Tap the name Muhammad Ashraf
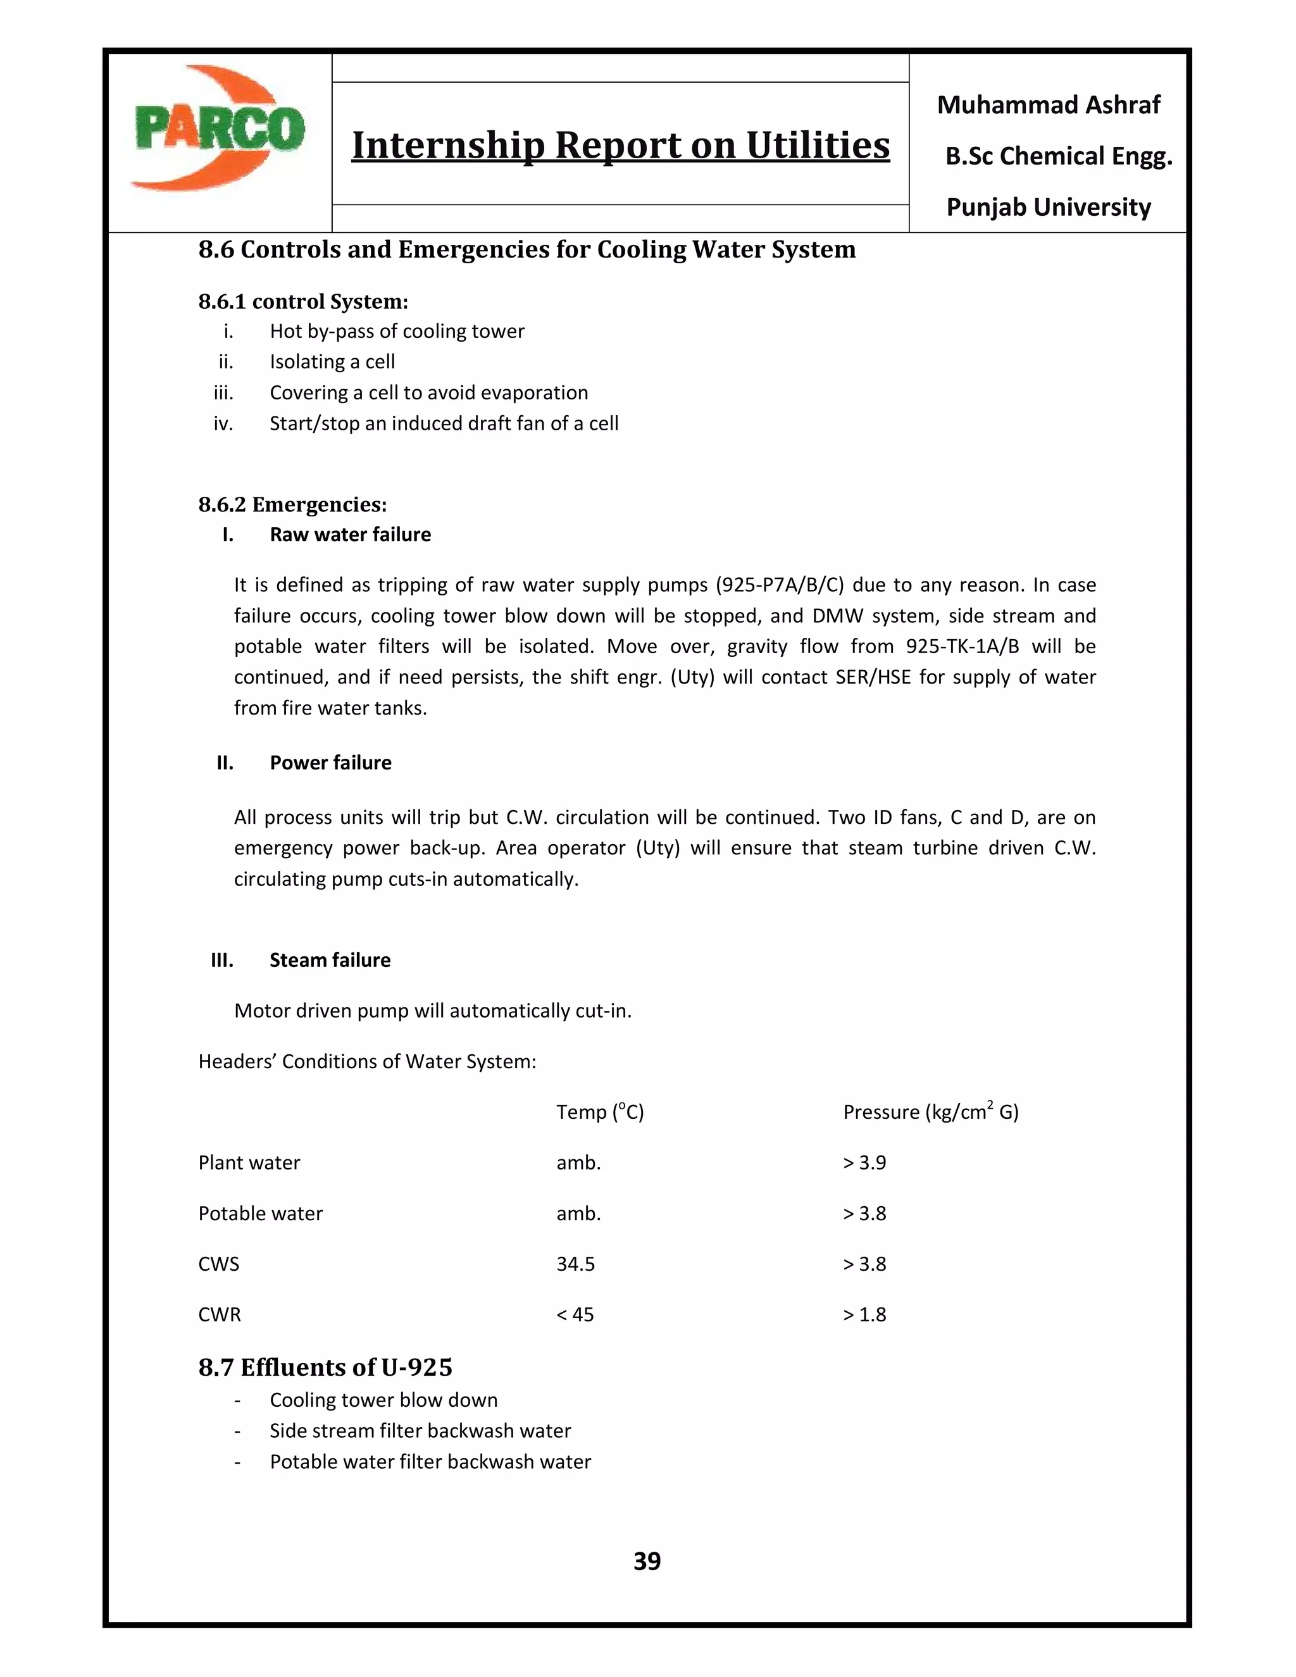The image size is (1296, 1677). [x=1048, y=104]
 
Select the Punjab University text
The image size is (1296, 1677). [x=1048, y=208]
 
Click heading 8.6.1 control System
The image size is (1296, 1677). [x=303, y=301]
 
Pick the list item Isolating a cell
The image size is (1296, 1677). [x=332, y=361]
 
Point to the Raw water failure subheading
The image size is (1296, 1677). [x=350, y=535]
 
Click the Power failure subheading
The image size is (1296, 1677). [x=330, y=763]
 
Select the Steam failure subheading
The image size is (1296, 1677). [x=330, y=960]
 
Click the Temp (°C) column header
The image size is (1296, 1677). [x=600, y=1112]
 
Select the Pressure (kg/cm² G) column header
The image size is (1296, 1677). [x=930, y=1112]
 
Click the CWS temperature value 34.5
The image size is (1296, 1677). [x=575, y=1264]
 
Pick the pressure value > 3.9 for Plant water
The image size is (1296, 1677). [x=864, y=1163]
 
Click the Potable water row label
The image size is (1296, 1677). [x=260, y=1213]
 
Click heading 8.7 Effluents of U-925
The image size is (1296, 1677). [x=325, y=1368]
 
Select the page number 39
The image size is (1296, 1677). [x=647, y=1561]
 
